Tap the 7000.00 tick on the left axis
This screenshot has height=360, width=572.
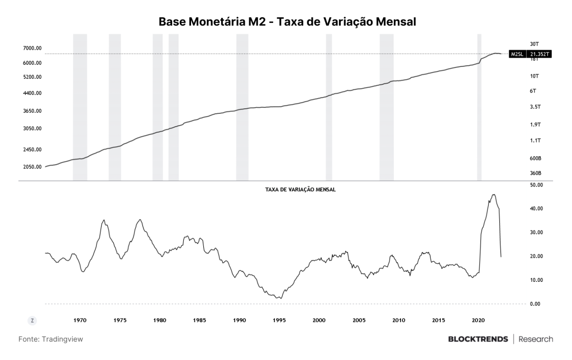click(32, 48)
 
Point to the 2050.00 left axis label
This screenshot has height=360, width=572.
click(32, 167)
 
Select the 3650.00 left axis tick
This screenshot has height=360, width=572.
click(32, 111)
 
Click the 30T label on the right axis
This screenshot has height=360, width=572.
click(534, 44)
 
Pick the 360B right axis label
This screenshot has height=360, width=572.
click(536, 173)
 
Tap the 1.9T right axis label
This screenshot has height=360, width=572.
click(535, 124)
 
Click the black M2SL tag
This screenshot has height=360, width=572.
click(517, 54)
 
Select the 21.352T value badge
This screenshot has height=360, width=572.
click(539, 54)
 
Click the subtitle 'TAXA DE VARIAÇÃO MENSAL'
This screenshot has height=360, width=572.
click(300, 190)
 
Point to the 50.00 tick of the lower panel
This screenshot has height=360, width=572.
click(536, 185)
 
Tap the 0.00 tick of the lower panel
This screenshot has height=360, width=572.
click(535, 304)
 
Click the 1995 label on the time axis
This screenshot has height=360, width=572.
click(279, 320)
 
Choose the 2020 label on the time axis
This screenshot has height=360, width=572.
click(478, 320)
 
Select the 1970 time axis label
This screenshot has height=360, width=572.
click(80, 320)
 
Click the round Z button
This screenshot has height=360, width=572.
click(32, 320)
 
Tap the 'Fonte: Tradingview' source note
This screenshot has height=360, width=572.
click(51, 339)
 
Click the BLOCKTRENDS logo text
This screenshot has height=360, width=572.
click(478, 339)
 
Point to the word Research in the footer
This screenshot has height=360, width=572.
click(536, 339)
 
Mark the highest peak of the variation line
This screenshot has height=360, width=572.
click(494, 195)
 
